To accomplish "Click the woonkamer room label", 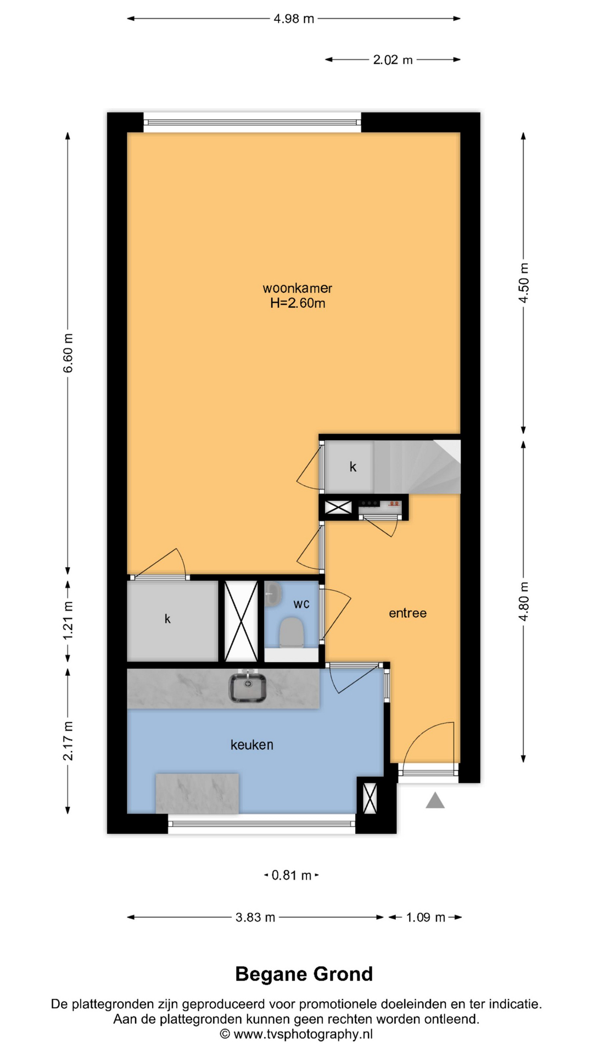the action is click(297, 288).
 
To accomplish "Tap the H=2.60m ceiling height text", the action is click(298, 303).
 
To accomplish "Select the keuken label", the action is click(251, 745).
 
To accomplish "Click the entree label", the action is click(407, 613).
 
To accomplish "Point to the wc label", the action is click(301, 604).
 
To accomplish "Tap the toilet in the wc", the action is click(292, 632).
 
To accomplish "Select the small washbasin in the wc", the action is click(273, 595).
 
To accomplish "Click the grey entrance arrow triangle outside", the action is click(435, 801).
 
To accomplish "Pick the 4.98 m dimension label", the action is click(294, 19).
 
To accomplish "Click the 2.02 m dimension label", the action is click(393, 59).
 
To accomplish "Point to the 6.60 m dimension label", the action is click(68, 353).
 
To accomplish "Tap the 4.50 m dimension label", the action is click(524, 282).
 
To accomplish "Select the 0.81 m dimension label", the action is click(291, 875).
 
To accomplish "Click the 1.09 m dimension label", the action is click(426, 917).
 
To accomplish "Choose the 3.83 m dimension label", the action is click(255, 917).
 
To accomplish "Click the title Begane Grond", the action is click(304, 974).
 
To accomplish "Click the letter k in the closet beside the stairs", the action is click(353, 467).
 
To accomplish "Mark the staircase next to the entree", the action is click(417, 467).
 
